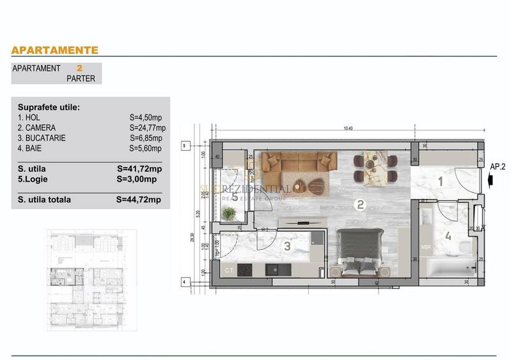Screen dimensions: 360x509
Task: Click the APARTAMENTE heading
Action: (55, 50)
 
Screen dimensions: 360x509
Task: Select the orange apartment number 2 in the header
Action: (79, 68)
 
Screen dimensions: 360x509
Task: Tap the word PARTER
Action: (81, 79)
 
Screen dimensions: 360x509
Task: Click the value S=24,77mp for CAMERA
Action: (146, 128)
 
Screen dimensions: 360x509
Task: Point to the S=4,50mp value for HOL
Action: (145, 118)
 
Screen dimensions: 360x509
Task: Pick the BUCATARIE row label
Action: (42, 138)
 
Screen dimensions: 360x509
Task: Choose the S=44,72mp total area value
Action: (139, 200)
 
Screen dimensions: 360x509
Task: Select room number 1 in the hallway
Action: (440, 182)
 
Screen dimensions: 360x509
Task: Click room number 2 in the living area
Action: (361, 205)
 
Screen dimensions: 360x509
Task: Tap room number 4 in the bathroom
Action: (448, 237)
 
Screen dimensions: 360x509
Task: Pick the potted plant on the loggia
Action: (228, 214)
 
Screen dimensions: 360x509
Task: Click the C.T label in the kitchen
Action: (228, 270)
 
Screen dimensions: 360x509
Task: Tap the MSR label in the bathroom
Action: (426, 247)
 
